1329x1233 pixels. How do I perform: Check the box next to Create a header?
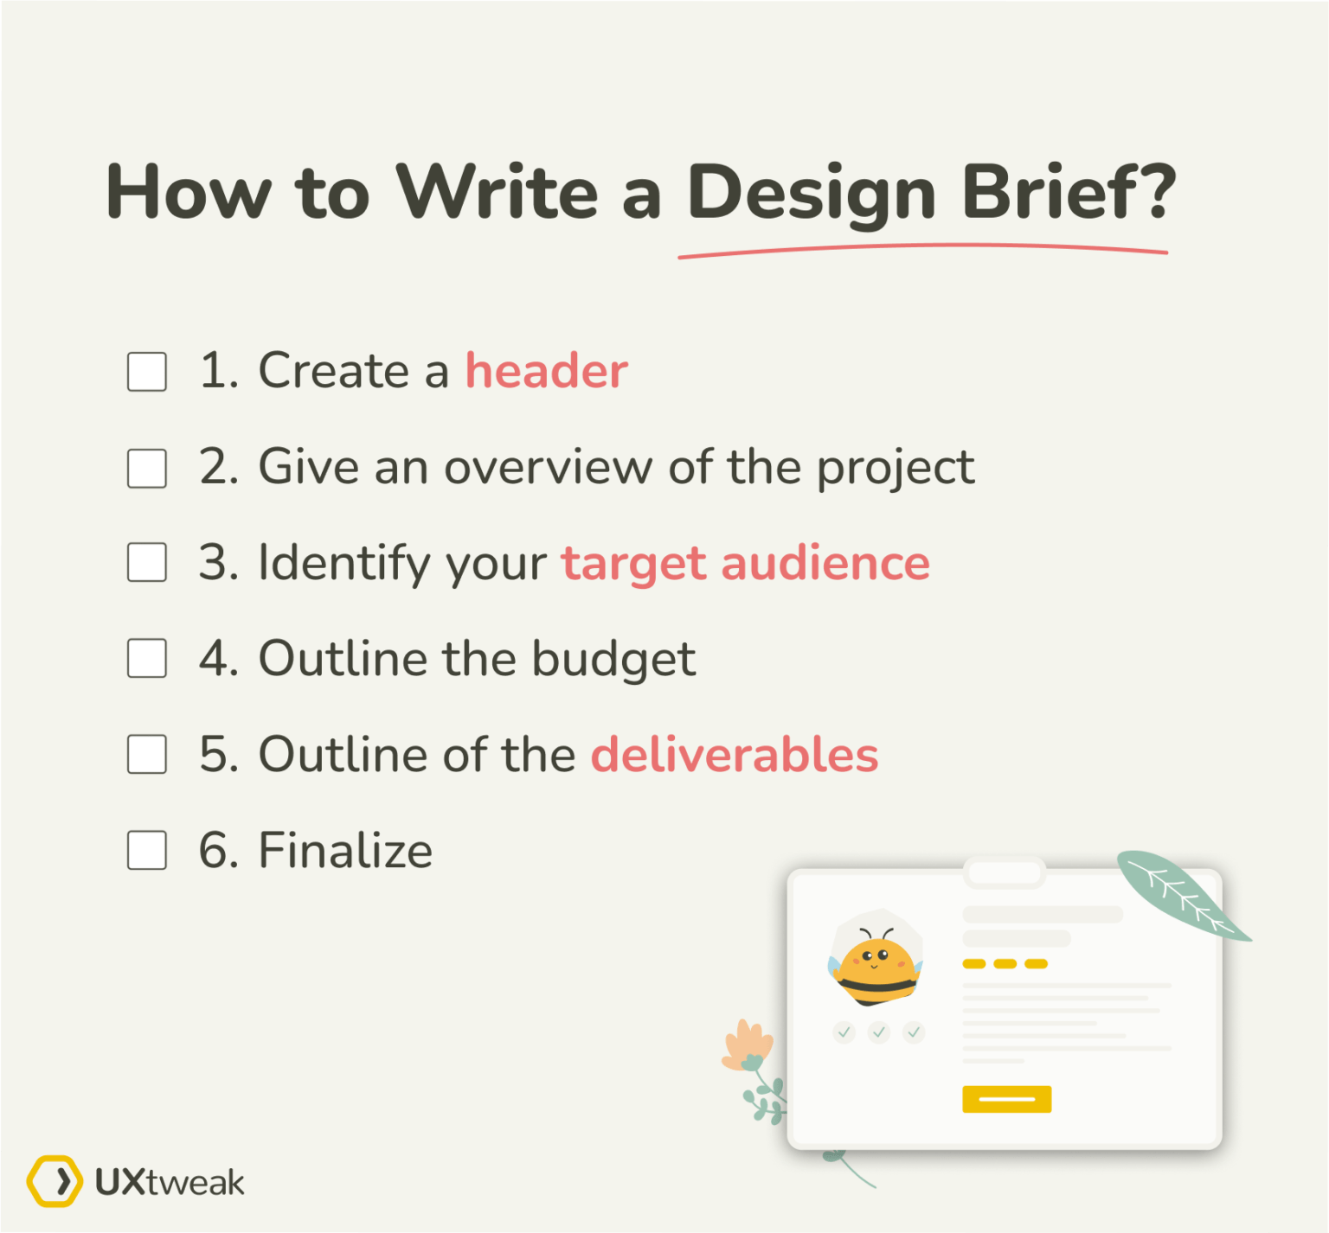click(147, 372)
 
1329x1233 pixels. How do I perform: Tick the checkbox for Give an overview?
click(147, 469)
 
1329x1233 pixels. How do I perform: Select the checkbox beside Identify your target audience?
click(147, 563)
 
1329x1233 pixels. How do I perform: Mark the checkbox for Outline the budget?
click(147, 659)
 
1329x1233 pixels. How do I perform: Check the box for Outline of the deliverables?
click(147, 754)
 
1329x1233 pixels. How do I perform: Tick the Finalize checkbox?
click(147, 850)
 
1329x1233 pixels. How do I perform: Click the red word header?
click(546, 371)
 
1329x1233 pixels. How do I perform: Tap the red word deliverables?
click(735, 754)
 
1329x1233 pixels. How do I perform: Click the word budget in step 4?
click(613, 659)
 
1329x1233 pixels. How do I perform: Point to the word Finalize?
click(345, 850)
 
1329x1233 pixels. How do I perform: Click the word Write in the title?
click(497, 192)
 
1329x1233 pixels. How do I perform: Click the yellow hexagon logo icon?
click(55, 1181)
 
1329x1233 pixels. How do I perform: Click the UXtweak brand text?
click(170, 1182)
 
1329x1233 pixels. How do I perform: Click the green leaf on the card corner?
click(1180, 895)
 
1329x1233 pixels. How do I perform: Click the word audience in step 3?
click(825, 563)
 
